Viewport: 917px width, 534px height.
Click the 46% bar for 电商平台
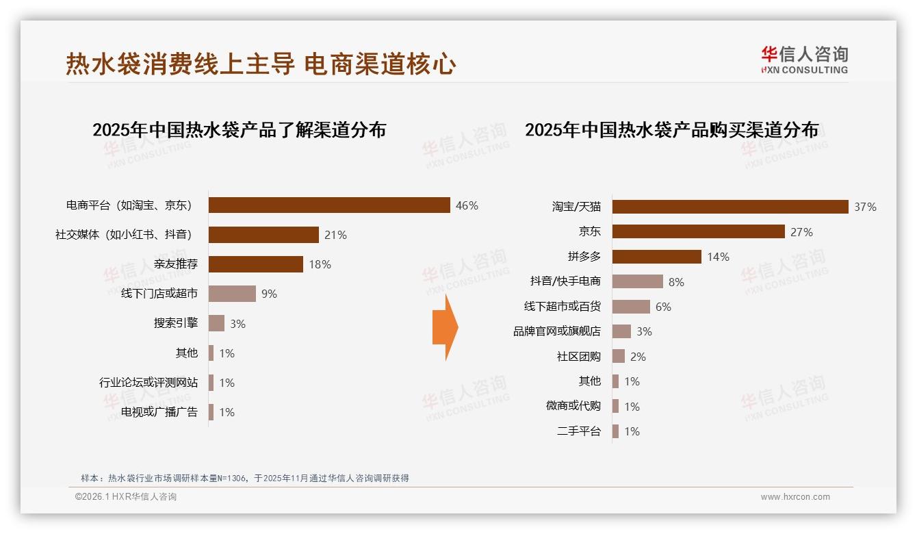click(x=329, y=205)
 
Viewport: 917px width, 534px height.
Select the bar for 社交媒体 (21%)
click(x=263, y=235)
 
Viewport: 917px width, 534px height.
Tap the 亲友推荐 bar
click(x=255, y=264)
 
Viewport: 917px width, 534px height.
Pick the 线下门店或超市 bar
click(x=232, y=294)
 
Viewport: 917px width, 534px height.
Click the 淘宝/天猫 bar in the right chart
click(x=730, y=207)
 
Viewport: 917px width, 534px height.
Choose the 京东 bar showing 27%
click(x=698, y=231)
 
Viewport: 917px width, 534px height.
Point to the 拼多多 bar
click(x=656, y=257)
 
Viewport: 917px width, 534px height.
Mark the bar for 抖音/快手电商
click(x=637, y=281)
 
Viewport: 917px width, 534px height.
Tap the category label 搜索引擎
click(x=176, y=323)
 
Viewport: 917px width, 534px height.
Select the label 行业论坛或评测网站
click(x=148, y=383)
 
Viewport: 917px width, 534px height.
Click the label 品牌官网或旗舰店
click(x=557, y=331)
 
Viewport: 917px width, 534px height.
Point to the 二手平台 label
click(x=579, y=431)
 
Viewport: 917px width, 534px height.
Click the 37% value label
click(x=865, y=207)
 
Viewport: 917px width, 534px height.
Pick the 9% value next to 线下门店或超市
click(x=269, y=294)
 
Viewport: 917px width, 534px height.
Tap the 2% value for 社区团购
click(x=638, y=357)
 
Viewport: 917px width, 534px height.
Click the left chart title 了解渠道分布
click(x=239, y=129)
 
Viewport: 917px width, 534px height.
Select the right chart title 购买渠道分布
click(x=671, y=129)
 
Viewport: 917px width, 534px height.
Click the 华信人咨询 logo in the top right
click(x=804, y=60)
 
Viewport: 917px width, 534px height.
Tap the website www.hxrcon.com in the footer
click(x=795, y=497)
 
